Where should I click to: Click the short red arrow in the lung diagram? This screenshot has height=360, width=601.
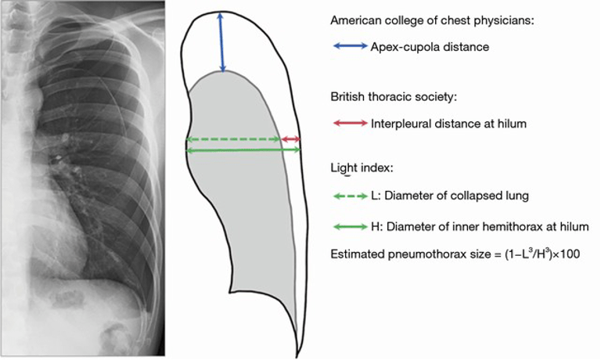click(x=291, y=140)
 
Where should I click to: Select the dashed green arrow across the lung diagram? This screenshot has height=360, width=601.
click(x=233, y=140)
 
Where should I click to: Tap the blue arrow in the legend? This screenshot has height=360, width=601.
click(x=349, y=47)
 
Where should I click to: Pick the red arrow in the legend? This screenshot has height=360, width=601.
click(x=349, y=124)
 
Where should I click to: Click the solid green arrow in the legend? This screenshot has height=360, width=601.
click(x=349, y=227)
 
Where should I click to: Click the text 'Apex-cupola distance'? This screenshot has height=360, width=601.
click(x=430, y=47)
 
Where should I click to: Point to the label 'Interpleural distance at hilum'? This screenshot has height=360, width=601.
click(x=448, y=124)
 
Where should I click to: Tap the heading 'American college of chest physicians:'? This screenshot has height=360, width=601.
click(x=433, y=20)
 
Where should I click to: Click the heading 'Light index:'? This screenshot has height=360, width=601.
click(x=362, y=169)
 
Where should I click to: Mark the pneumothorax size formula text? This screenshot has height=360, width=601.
click(x=455, y=254)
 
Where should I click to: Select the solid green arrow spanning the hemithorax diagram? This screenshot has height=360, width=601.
click(x=243, y=149)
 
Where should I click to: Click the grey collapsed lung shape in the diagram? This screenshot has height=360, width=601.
click(x=235, y=203)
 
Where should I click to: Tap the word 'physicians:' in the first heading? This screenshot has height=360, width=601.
click(x=506, y=20)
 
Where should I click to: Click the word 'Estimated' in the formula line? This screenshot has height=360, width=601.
click(x=358, y=254)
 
